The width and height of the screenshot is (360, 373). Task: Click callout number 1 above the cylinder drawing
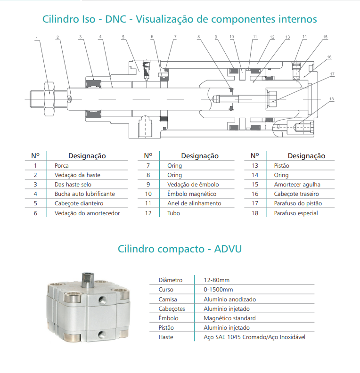pyautogui.click(x=36, y=39)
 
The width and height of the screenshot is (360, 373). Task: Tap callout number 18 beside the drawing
pyautogui.click(x=332, y=99)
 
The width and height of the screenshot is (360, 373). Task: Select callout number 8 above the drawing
pyautogui.click(x=199, y=37)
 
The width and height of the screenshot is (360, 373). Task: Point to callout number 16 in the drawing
pyautogui.click(x=329, y=57)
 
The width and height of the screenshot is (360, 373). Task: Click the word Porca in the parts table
pyautogui.click(x=62, y=165)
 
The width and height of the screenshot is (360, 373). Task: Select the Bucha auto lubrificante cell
pyautogui.click(x=84, y=194)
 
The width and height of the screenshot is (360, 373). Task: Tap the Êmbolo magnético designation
pyautogui.click(x=191, y=194)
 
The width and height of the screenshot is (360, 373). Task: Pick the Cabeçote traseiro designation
pyautogui.click(x=296, y=194)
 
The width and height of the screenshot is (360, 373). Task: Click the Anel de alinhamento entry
pyautogui.click(x=194, y=203)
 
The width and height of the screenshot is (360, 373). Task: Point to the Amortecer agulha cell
pyautogui.click(x=297, y=184)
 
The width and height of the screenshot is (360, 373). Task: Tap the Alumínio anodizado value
pyautogui.click(x=229, y=299)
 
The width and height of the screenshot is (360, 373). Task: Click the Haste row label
pyautogui.click(x=166, y=337)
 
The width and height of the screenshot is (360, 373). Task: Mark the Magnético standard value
pyautogui.click(x=229, y=318)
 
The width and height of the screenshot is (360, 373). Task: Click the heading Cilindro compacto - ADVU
pyautogui.click(x=180, y=248)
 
